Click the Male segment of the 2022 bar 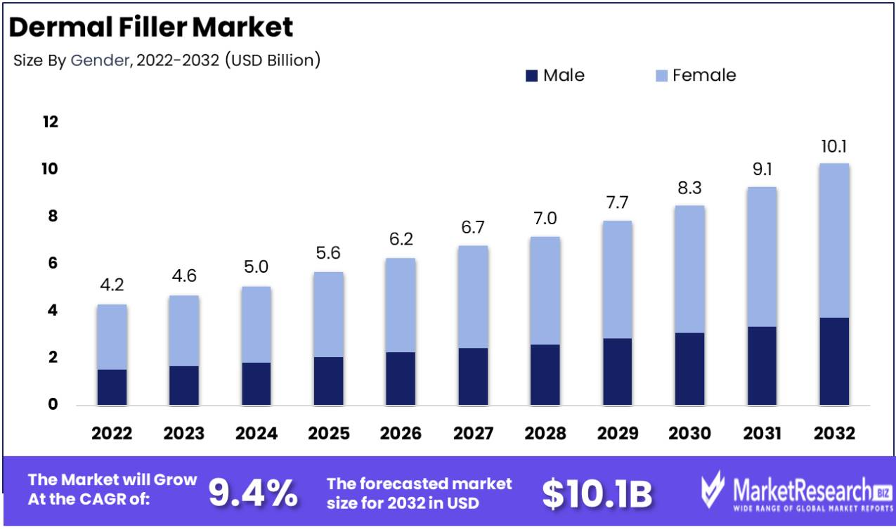click(x=112, y=387)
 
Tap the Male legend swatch click(x=531, y=75)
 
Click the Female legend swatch click(x=661, y=75)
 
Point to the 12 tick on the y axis click(x=50, y=122)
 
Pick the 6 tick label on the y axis click(x=51, y=264)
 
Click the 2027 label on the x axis click(x=473, y=433)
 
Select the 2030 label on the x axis click(x=689, y=433)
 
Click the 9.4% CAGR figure click(x=254, y=493)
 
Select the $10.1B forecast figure click(x=597, y=493)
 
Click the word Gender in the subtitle click(x=99, y=60)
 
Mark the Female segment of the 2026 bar click(x=401, y=305)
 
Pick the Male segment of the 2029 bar click(x=617, y=371)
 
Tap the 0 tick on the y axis click(x=53, y=405)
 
